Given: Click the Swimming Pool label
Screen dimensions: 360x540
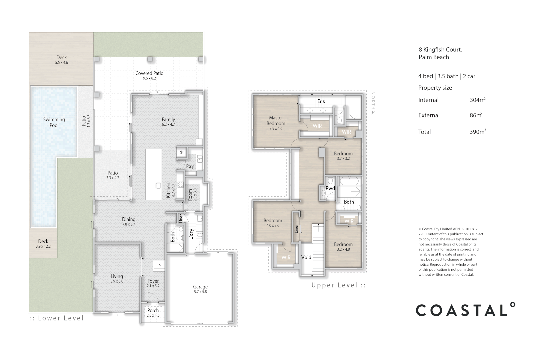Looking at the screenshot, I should pos(54,122).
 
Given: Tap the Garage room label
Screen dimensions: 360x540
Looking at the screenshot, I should pos(200,287).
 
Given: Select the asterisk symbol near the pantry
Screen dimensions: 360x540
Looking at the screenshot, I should pos(182,153).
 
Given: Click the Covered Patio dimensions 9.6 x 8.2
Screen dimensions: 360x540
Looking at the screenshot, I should pos(150,78).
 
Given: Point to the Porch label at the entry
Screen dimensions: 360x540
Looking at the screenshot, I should pos(153,310).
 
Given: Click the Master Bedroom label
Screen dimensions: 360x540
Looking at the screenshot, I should pos(276,120).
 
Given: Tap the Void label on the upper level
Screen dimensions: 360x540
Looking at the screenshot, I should pos(306,257).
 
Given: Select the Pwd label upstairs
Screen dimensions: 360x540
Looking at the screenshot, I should pos(330,188).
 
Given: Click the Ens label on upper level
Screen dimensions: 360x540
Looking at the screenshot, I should pos(321,101).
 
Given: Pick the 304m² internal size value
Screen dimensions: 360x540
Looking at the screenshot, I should pos(477,100).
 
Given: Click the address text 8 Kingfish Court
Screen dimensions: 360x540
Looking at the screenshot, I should pos(440,50).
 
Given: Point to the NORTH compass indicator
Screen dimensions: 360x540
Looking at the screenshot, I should pos(373,103).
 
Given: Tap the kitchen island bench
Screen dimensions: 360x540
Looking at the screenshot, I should pos(153,174).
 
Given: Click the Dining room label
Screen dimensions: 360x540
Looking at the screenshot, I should pos(129,219).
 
